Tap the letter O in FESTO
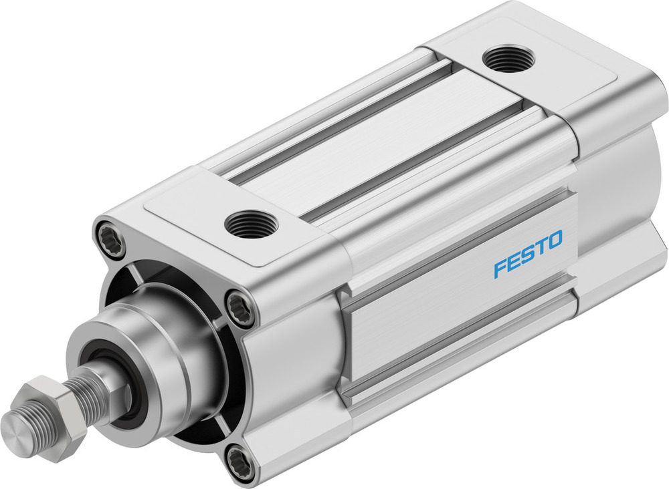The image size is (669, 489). [555, 239]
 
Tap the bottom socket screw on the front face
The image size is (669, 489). [240, 462]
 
